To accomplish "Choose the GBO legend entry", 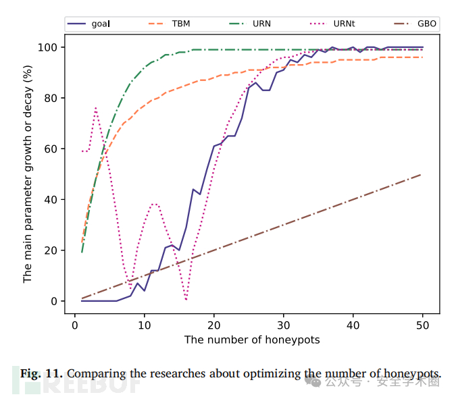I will point(415,24).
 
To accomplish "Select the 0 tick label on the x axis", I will point(75,325).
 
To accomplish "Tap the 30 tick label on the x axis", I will point(284,325).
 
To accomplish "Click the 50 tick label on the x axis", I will point(423,325).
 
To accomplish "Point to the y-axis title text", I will point(28,174).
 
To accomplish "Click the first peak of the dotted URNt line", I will point(96,108).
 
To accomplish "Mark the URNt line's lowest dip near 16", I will point(186,299).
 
